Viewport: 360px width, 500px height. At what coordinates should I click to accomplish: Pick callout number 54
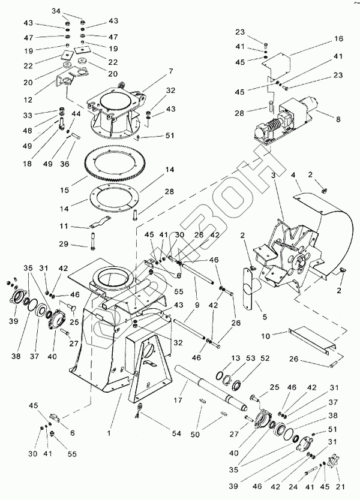159,434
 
